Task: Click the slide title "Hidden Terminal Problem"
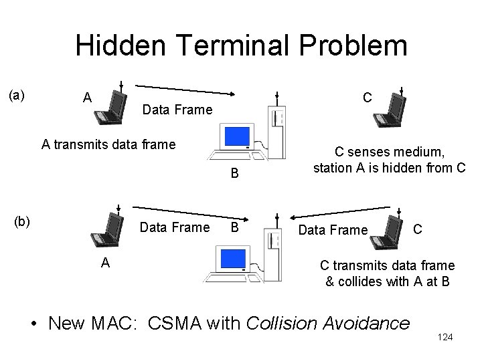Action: (241, 45)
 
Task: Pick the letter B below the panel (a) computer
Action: (234, 174)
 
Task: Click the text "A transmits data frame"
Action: (108, 143)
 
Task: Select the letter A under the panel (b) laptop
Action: (105, 263)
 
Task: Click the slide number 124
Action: (445, 337)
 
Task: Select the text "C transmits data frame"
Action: (388, 265)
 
